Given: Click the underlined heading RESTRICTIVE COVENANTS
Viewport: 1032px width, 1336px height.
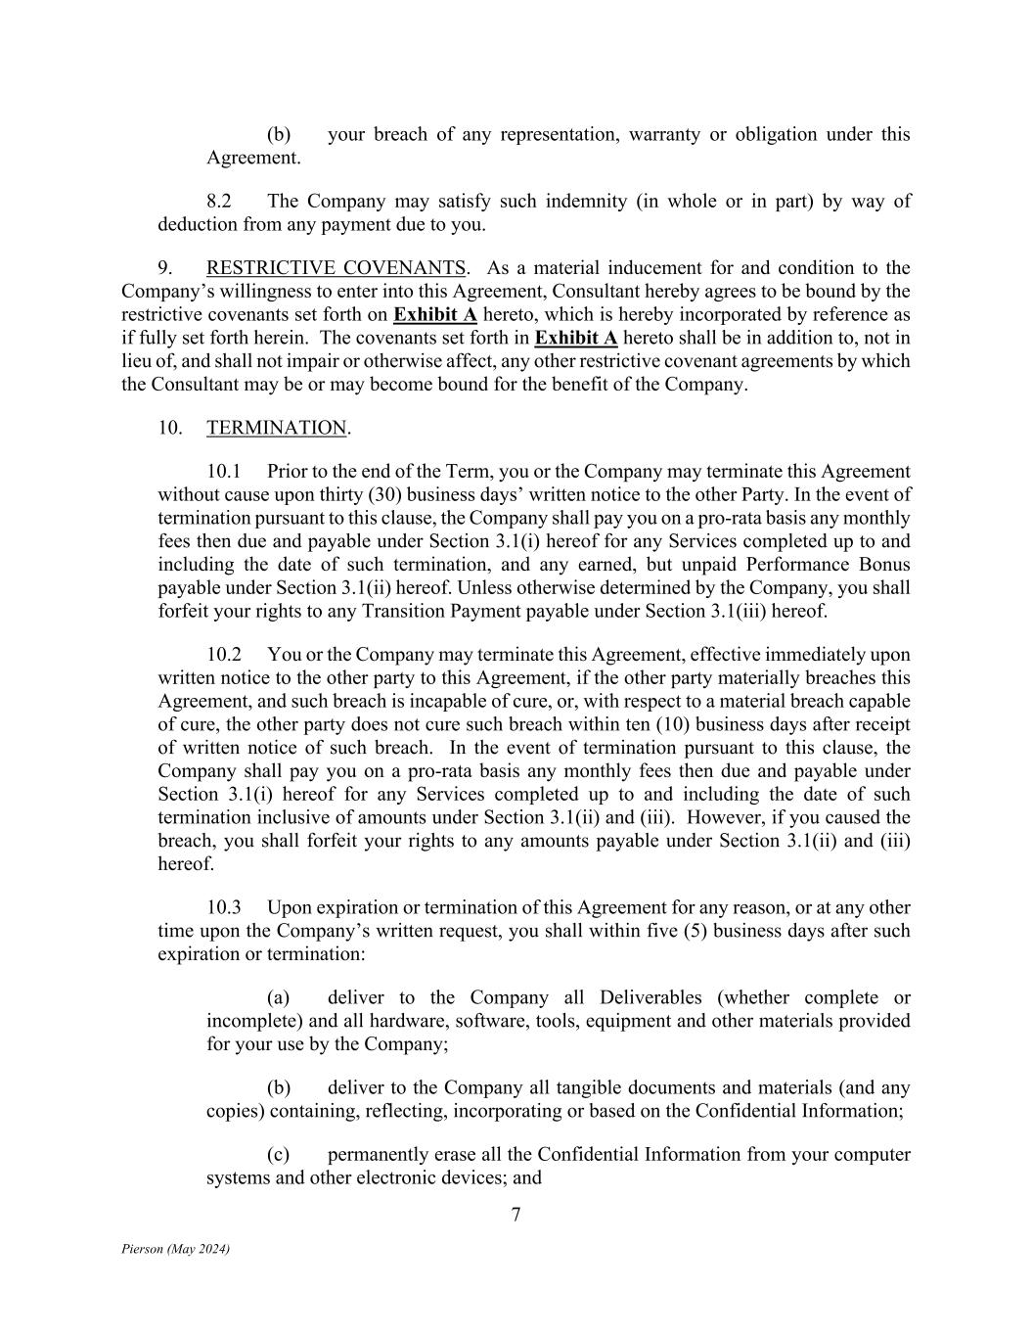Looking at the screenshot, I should (x=336, y=268).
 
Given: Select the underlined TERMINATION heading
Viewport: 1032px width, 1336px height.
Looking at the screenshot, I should (x=277, y=429).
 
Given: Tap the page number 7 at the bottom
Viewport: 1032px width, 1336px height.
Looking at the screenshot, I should (x=516, y=1216).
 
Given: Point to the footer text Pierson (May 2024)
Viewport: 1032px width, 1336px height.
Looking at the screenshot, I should (x=176, y=1249).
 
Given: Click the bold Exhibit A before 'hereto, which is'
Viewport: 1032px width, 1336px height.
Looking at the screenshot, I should (x=434, y=315).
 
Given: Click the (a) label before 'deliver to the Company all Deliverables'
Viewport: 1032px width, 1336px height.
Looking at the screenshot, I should (x=279, y=998).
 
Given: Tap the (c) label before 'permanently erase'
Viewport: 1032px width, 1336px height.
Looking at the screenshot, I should (x=279, y=1155).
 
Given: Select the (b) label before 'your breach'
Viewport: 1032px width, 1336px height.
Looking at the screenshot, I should (x=279, y=135).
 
